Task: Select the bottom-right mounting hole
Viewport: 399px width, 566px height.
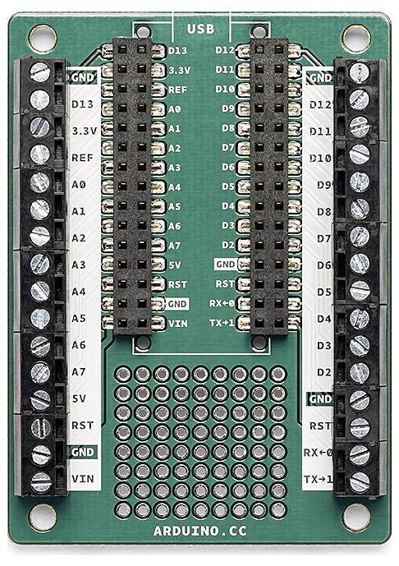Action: pos(355,518)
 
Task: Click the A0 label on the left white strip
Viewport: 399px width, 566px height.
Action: pos(80,185)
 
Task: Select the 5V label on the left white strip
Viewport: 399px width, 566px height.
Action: pos(80,398)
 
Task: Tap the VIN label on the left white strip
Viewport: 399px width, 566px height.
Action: pos(81,477)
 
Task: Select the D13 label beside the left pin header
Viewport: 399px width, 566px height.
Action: pos(178,51)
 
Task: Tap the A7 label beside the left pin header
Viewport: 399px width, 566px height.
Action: pos(174,245)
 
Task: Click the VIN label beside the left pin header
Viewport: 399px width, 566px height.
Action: pos(177,323)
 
